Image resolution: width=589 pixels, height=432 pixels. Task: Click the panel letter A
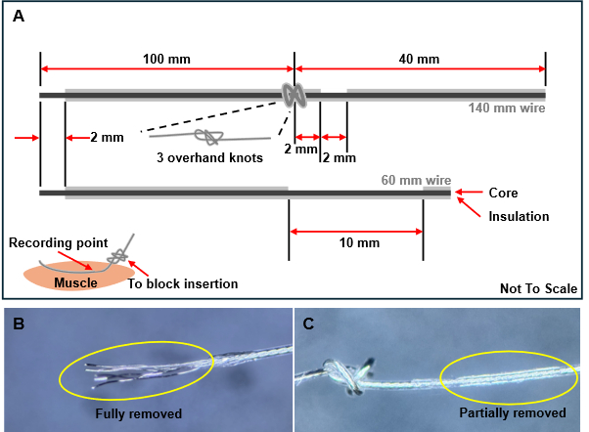pyautogui.click(x=19, y=17)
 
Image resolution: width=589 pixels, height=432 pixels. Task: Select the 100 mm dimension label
pyautogui.click(x=166, y=60)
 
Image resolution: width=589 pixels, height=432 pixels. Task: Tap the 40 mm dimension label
pyautogui.click(x=419, y=60)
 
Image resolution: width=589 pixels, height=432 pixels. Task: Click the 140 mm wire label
pyautogui.click(x=507, y=108)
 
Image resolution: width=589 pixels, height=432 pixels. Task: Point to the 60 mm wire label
pyautogui.click(x=416, y=180)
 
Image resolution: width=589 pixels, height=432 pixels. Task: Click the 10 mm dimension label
pyautogui.click(x=359, y=242)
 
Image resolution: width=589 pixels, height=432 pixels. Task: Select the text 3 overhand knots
pyautogui.click(x=209, y=157)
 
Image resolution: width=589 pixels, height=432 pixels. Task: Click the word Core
pyautogui.click(x=503, y=193)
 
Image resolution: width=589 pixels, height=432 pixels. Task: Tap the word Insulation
pyautogui.click(x=519, y=217)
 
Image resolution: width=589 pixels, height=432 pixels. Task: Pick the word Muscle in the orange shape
pyautogui.click(x=76, y=282)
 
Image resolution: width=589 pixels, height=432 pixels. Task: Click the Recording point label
pyautogui.click(x=59, y=242)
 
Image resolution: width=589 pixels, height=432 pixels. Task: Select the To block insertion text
pyautogui.click(x=183, y=283)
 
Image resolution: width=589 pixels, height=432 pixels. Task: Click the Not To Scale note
pyautogui.click(x=539, y=288)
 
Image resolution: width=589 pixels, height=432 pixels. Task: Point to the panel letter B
pyautogui.click(x=19, y=324)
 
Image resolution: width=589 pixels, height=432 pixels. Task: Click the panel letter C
pyautogui.click(x=308, y=324)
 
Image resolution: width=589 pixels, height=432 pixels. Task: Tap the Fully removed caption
pyautogui.click(x=139, y=413)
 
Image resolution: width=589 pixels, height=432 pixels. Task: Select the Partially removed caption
pyautogui.click(x=513, y=412)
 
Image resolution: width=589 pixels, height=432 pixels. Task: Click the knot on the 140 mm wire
pyautogui.click(x=294, y=96)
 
